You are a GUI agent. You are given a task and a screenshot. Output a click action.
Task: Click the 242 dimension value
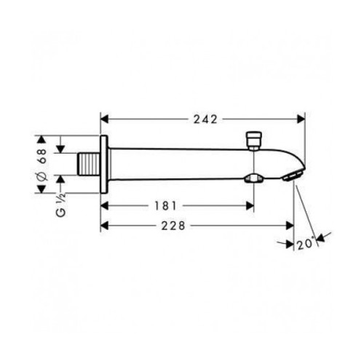tap(205, 119)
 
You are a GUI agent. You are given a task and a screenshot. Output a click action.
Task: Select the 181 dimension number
tap(166, 206)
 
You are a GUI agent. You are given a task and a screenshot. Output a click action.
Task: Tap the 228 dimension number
tap(173, 226)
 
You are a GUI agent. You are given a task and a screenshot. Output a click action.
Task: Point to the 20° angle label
tap(306, 244)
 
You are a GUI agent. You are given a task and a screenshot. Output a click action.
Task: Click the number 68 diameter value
tap(42, 157)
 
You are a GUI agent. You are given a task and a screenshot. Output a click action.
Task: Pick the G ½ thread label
tap(60, 205)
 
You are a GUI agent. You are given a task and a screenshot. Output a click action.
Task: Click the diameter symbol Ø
tap(42, 176)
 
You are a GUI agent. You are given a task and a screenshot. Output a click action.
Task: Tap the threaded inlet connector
tap(90, 164)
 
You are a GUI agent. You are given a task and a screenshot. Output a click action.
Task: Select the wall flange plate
tap(104, 165)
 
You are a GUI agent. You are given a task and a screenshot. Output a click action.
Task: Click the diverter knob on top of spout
tap(254, 140)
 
